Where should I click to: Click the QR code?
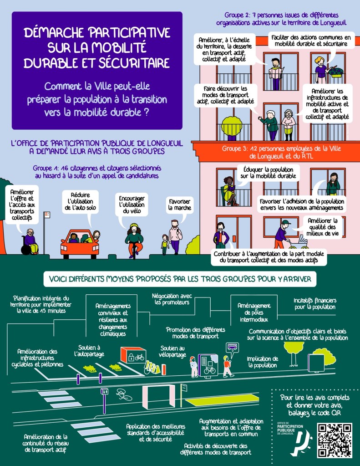[x=335, y=440]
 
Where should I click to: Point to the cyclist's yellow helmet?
[x=134, y=226]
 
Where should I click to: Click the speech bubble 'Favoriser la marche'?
[x=179, y=205]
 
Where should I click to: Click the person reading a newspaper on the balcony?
[x=275, y=72]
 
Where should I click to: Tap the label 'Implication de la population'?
[x=262, y=362]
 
